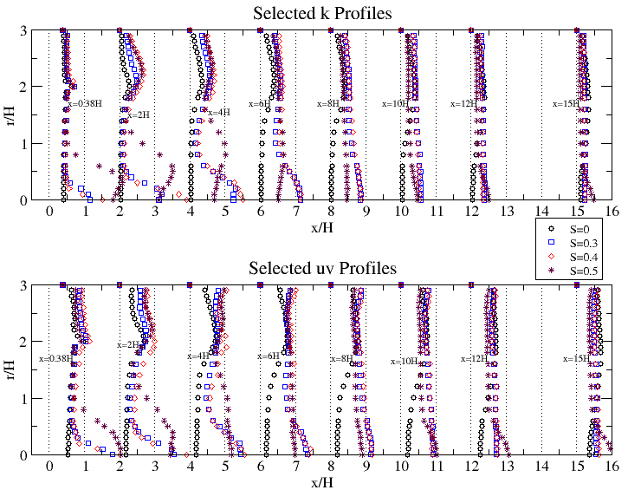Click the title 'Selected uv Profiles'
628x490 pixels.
[x=321, y=268]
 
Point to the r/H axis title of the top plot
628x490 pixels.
[x=10, y=115]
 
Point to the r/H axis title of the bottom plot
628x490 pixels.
[x=10, y=369]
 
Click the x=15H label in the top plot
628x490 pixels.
[x=566, y=103]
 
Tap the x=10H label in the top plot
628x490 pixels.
[x=395, y=103]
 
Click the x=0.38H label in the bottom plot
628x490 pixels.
[x=55, y=358]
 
